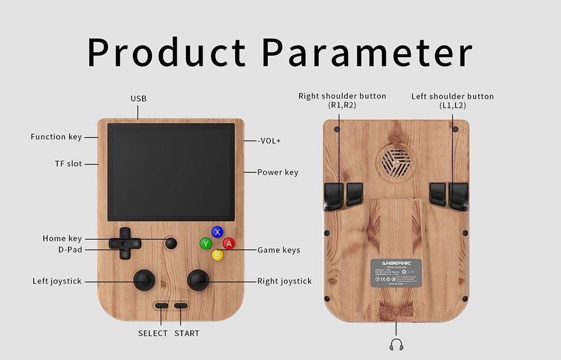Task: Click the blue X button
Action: click(217, 232)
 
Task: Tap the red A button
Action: click(228, 243)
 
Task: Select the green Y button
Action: click(206, 243)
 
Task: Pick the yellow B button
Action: click(217, 255)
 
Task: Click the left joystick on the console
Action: click(144, 280)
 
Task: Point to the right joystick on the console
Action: click(197, 280)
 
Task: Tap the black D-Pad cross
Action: click(125, 243)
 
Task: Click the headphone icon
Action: click(396, 344)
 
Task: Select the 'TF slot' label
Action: click(68, 164)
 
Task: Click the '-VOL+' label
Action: click(269, 141)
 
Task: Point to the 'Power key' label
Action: click(278, 172)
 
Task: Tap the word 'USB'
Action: click(139, 99)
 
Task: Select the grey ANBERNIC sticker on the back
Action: click(396, 274)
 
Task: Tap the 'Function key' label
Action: click(56, 137)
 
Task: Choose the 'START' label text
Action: click(187, 333)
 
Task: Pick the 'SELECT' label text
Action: click(153, 333)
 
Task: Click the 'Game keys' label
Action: click(279, 250)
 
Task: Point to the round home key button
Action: click(171, 243)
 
